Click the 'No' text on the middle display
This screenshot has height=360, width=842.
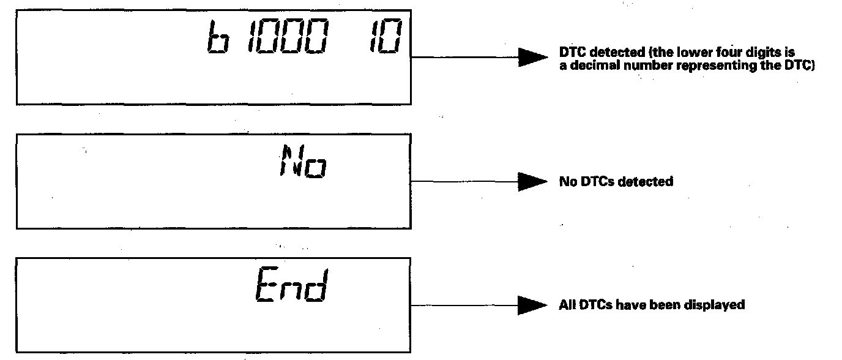pyautogui.click(x=302, y=160)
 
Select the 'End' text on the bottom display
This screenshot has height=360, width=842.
pyautogui.click(x=290, y=286)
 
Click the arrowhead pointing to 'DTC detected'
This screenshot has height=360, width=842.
pyautogui.click(x=532, y=57)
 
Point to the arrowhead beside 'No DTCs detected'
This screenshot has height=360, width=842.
pyautogui.click(x=532, y=181)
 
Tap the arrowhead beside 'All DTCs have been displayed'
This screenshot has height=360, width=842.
pyautogui.click(x=532, y=305)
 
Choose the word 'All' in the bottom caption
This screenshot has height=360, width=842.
pyautogui.click(x=567, y=304)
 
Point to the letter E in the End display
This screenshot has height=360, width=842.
pyautogui.click(x=265, y=286)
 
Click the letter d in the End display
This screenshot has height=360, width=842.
pyautogui.click(x=316, y=286)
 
